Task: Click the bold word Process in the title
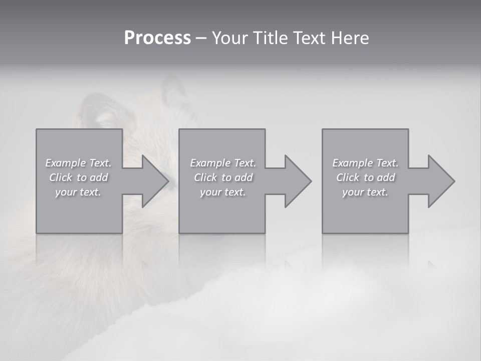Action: coord(157,38)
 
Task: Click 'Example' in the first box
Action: coord(65,163)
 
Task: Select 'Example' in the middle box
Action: coord(210,163)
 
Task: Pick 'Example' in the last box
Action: coord(352,163)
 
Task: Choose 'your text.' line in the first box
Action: coord(78,192)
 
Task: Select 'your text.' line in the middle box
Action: coord(223,192)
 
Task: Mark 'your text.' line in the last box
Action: coord(365,192)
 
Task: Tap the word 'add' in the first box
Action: coord(99,177)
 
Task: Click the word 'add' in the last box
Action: coord(386,177)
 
